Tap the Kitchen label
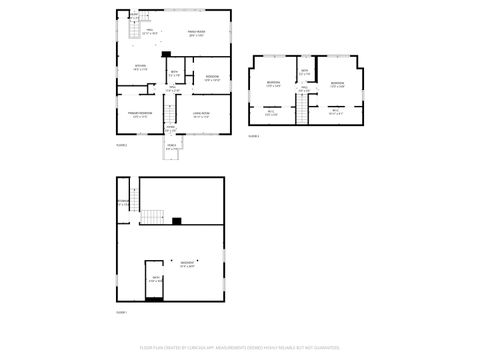click(141, 68)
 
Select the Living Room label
click(200, 114)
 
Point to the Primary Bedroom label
click(137, 115)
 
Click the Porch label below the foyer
click(171, 148)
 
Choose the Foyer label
click(170, 129)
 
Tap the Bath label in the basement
click(155, 279)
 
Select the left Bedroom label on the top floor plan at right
click(272, 84)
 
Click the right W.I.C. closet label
click(335, 112)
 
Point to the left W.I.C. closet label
click(271, 113)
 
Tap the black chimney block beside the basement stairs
click(177, 221)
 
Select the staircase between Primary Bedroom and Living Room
click(170, 113)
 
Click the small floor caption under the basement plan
click(121, 312)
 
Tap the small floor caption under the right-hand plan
click(254, 135)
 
